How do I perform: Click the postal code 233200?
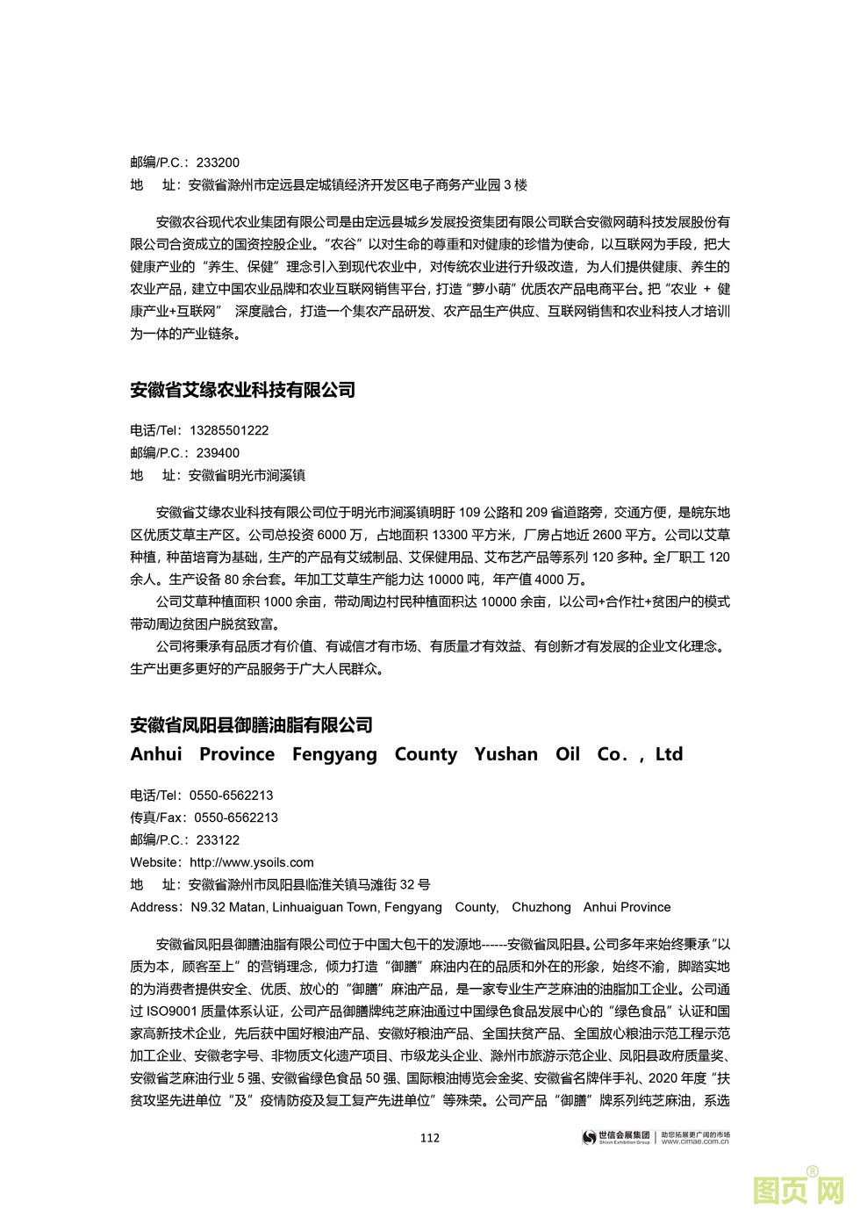pyautogui.click(x=218, y=162)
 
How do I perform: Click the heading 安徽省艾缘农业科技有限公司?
pyautogui.click(x=242, y=390)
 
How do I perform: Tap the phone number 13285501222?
pyautogui.click(x=229, y=430)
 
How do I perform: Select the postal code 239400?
pyautogui.click(x=218, y=453)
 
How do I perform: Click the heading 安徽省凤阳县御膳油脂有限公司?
pyautogui.click(x=251, y=725)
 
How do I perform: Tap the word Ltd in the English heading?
pyautogui.click(x=669, y=754)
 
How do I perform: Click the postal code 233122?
pyautogui.click(x=218, y=840)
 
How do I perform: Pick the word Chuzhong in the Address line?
pyautogui.click(x=541, y=907)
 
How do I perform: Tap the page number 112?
pyautogui.click(x=430, y=1139)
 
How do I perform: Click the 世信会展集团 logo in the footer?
pyautogui.click(x=618, y=1138)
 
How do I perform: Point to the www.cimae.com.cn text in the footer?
pyautogui.click(x=695, y=1142)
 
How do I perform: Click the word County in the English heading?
pyautogui.click(x=426, y=754)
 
